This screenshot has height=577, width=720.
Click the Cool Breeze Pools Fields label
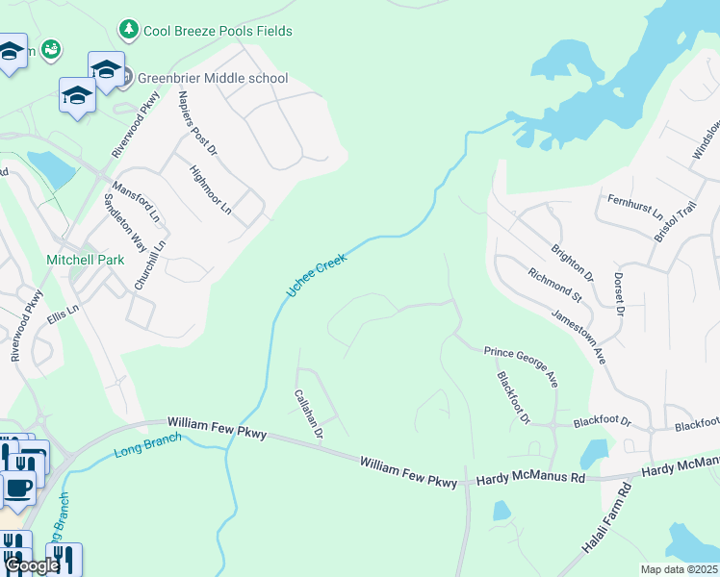click(218, 31)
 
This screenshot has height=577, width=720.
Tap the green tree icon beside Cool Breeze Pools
click(128, 31)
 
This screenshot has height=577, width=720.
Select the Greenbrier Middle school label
click(213, 78)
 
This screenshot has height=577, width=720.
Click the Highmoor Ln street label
click(211, 189)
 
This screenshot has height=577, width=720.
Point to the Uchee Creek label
click(315, 275)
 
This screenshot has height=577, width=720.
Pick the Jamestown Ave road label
click(579, 336)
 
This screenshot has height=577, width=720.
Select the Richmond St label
click(555, 286)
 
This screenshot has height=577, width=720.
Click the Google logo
click(32, 566)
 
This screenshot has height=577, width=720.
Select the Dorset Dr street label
click(619, 295)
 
